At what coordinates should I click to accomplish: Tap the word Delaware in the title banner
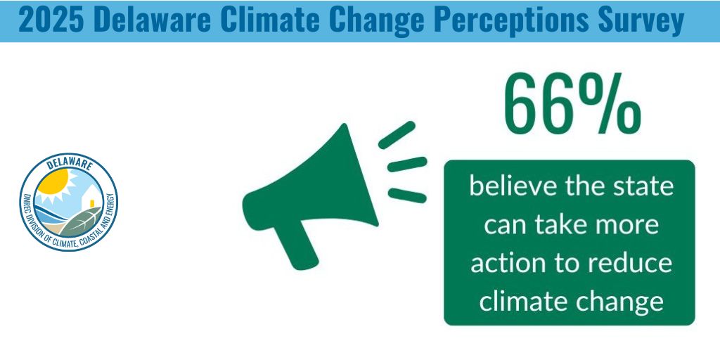point(150,20)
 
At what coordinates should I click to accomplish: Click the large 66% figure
point(571,105)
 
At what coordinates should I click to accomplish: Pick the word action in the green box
point(506,264)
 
